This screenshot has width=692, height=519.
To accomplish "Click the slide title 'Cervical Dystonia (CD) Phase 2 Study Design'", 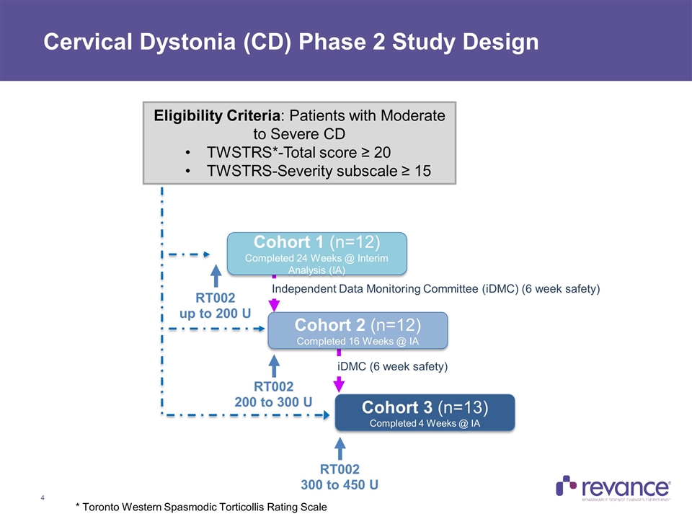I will tap(290, 43).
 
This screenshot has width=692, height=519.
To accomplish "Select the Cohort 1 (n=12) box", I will tap(317, 252).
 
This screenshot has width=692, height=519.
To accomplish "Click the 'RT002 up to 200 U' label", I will tap(216, 306).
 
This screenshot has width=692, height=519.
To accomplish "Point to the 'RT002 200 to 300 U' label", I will tap(273, 394).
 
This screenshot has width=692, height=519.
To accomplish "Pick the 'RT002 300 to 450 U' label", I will tap(340, 476).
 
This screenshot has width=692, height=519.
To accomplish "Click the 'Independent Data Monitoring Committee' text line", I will tap(435, 289).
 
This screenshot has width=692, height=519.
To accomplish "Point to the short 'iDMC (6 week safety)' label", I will tap(393, 367).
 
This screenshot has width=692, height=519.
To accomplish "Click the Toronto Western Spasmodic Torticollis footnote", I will tap(201, 507).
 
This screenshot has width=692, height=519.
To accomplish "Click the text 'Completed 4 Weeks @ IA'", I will tap(425, 423).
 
